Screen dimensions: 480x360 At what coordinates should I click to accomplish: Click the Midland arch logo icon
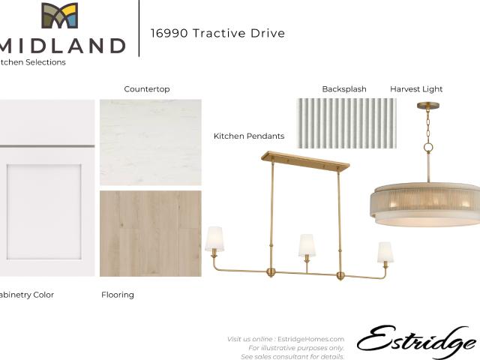pos(60,16)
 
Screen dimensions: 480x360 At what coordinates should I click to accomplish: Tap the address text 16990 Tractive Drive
pos(217,33)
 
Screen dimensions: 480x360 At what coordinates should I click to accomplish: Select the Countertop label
pos(147,89)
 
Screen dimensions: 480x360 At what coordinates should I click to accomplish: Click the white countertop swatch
pos(151,142)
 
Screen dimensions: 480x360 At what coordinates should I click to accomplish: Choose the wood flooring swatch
pos(151,233)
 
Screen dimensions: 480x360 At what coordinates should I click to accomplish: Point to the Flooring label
pos(118,295)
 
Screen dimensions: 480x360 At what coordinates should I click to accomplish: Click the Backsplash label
pos(344,89)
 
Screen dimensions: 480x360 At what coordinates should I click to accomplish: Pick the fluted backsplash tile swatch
pos(346,123)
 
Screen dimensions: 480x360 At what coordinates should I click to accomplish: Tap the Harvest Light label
pos(416,89)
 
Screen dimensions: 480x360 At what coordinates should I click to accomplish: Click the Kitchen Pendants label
pos(249,136)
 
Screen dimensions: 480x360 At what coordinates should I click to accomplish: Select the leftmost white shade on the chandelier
pos(214,239)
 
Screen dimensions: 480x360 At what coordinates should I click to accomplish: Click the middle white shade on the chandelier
pos(307,245)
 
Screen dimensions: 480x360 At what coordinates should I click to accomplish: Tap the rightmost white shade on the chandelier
pos(385,252)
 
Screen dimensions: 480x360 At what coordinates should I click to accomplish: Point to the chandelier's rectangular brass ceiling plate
pos(305,160)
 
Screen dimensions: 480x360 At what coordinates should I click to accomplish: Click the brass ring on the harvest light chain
pos(428,148)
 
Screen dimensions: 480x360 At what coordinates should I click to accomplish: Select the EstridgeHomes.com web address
pos(310,339)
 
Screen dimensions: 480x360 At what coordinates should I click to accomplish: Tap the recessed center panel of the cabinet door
pos(44,211)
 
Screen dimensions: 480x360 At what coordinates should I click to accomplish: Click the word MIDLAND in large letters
pos(62,46)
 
